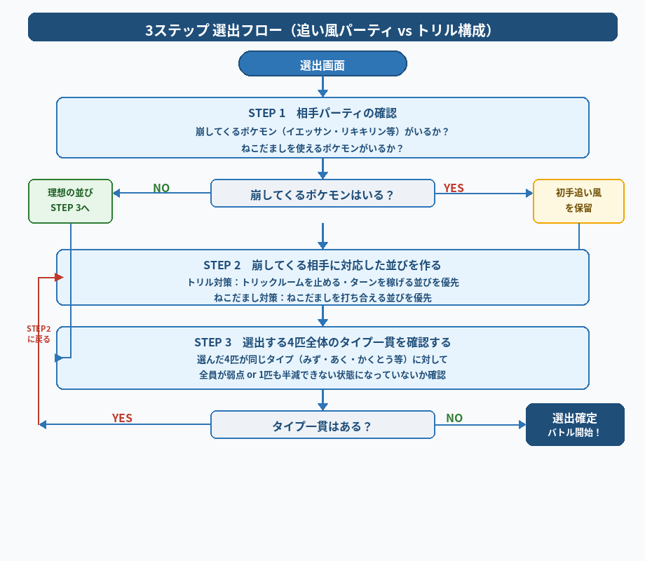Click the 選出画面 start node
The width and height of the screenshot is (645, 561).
[x=322, y=65]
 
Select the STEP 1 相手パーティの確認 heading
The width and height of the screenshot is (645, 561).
[x=322, y=113]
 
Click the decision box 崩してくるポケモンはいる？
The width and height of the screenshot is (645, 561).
[x=322, y=194]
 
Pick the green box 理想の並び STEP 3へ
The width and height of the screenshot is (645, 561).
[x=70, y=201]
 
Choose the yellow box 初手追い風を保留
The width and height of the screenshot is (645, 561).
[x=578, y=201]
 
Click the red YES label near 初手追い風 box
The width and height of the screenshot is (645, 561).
[x=454, y=188]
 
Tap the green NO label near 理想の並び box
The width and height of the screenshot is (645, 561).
[x=161, y=188]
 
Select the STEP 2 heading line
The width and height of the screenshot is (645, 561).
[x=322, y=265]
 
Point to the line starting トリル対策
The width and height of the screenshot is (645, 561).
[x=322, y=282]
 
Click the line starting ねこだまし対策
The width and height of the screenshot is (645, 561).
[x=322, y=297]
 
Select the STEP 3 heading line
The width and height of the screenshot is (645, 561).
[x=322, y=342]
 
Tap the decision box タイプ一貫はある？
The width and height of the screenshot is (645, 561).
[x=322, y=426]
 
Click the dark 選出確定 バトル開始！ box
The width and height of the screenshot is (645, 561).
[x=575, y=424]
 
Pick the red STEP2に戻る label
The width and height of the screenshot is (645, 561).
[x=39, y=334]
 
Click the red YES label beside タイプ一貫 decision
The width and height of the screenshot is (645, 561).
[x=122, y=418]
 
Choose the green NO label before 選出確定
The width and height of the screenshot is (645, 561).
[x=454, y=418]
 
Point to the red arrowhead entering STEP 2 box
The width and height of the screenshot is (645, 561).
[x=59, y=278]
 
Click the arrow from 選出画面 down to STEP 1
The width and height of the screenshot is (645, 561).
[x=322, y=87]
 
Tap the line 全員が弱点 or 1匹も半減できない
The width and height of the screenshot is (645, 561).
[x=322, y=374]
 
